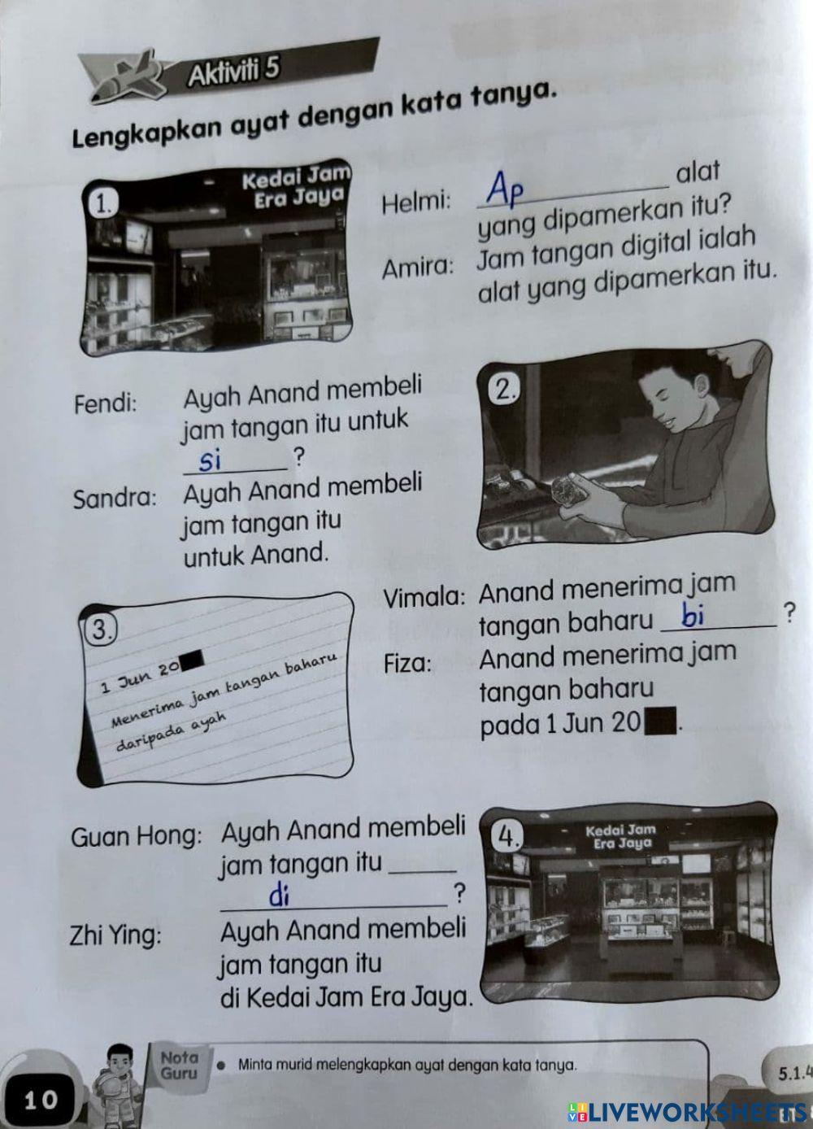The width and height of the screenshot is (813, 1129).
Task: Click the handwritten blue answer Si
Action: click(211, 461)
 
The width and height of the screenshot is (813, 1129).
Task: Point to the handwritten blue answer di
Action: click(279, 896)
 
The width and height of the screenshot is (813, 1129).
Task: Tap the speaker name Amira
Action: click(418, 267)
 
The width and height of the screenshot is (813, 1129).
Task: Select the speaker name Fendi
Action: click(106, 404)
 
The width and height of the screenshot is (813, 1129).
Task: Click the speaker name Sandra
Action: click(115, 498)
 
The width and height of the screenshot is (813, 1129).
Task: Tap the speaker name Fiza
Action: click(409, 663)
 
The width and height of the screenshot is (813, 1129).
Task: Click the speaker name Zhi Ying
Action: click(116, 935)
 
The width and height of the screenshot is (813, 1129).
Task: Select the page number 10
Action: click(41, 1101)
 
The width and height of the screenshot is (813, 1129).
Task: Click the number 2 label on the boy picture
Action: click(505, 391)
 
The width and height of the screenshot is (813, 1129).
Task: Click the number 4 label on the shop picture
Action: click(508, 835)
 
